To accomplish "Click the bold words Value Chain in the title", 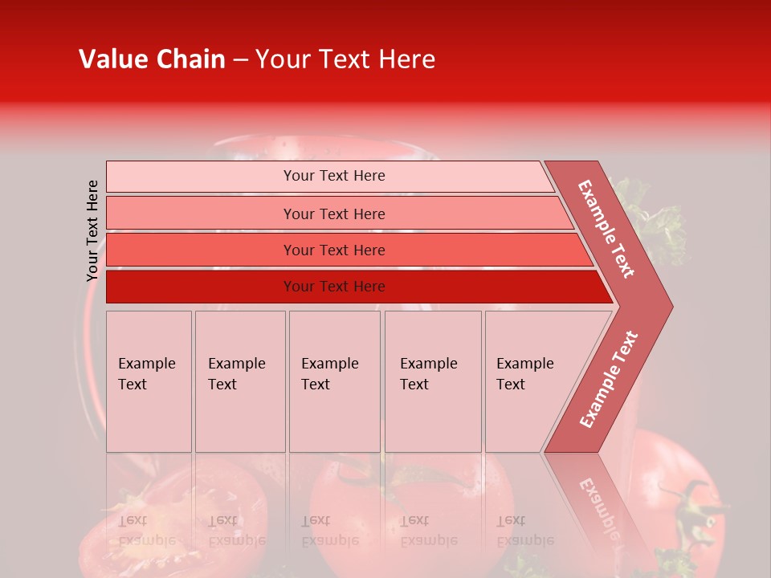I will (152, 59).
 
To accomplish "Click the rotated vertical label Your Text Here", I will (92, 230).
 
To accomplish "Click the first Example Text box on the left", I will (149, 381).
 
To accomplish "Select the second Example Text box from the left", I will (239, 381).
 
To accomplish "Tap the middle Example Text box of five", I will (334, 381).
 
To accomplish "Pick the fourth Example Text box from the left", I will (433, 381).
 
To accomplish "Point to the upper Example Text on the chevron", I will (607, 229).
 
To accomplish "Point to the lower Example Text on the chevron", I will (609, 379).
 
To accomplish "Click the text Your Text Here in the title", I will (345, 59).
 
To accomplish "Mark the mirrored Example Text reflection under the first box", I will (148, 531).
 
